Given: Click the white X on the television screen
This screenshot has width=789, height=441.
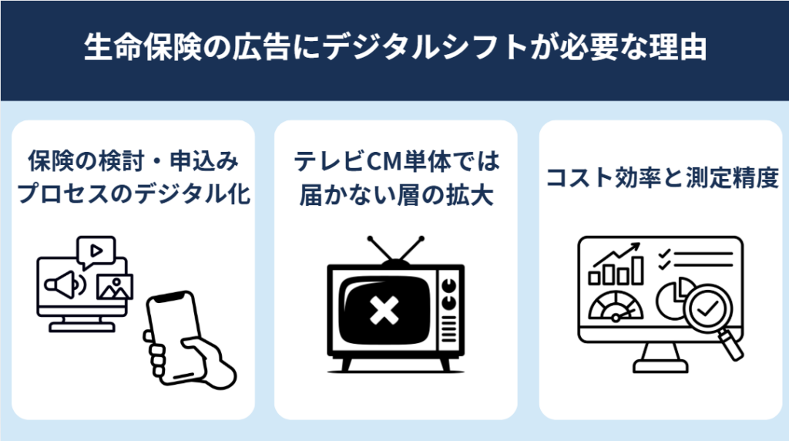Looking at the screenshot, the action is point(384,310).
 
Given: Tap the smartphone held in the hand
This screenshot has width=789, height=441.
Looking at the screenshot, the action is point(173,336).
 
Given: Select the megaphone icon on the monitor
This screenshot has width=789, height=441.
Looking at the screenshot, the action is point(65,285).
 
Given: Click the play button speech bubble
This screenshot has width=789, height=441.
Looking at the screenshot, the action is point(96,251).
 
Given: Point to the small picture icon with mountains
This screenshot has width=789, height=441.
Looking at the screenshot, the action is point(115,288).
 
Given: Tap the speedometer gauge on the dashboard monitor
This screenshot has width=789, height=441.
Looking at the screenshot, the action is point(616,307).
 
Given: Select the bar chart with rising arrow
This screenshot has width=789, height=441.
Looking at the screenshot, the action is point(616,264).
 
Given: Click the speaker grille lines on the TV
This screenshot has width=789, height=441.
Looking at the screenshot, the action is point(448,329).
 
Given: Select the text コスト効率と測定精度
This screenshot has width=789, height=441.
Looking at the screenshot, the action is point(662,177).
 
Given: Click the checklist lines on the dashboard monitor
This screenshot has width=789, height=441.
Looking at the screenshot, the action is point(695,259).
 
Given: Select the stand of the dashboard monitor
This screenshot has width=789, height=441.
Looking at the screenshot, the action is point(660,358).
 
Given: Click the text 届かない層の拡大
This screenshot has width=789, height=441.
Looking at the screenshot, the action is point(396,195).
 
